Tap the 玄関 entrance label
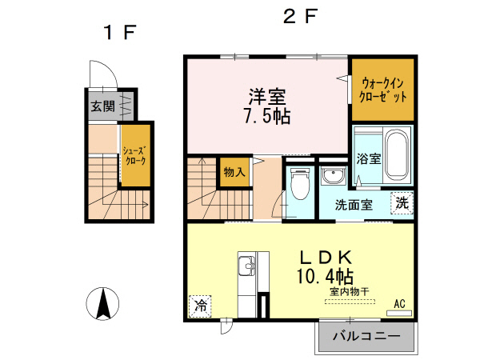102,106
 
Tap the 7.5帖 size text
266,115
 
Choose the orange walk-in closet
382,90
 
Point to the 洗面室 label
354,204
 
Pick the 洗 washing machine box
402,203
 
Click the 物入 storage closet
234,172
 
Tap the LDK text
326,258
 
